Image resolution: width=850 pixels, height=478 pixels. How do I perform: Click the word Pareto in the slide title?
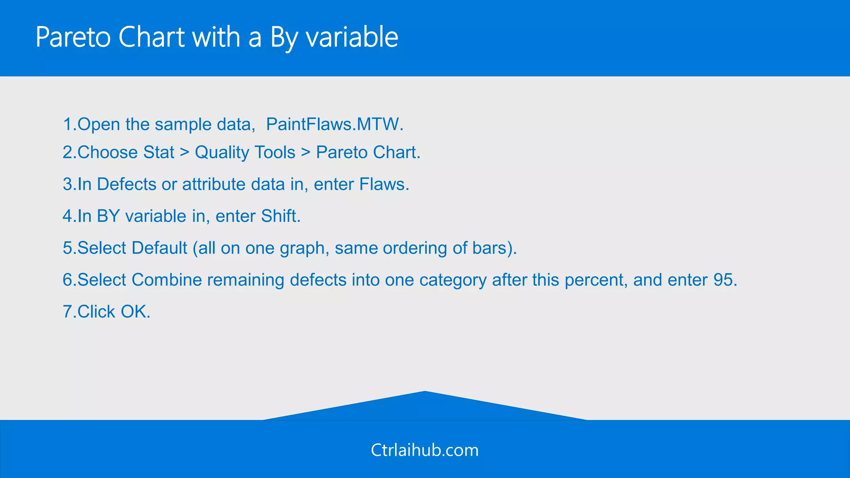(x=73, y=37)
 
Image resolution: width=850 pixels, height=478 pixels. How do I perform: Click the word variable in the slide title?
(x=352, y=37)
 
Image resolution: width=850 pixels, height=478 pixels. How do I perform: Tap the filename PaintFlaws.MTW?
(x=335, y=124)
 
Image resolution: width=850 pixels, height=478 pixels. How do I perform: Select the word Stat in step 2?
(x=159, y=152)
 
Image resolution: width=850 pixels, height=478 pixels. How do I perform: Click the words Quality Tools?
(x=245, y=152)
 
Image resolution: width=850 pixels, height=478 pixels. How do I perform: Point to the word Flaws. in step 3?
(x=384, y=184)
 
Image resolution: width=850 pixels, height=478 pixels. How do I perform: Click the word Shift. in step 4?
(x=281, y=216)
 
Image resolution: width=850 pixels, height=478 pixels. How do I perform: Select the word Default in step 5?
(x=159, y=248)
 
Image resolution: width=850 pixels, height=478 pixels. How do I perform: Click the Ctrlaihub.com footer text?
(x=425, y=450)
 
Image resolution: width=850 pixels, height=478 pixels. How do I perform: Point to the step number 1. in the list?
(x=69, y=124)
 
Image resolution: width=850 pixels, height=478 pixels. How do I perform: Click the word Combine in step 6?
(x=166, y=280)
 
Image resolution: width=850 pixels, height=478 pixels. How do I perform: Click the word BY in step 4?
(x=108, y=216)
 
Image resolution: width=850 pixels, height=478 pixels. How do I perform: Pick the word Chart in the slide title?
(x=151, y=37)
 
